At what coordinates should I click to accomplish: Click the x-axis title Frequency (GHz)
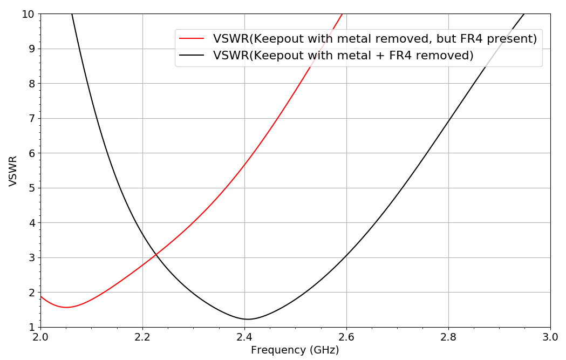(x=295, y=350)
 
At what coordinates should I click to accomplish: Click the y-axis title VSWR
(x=13, y=171)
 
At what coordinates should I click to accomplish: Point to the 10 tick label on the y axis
(x=28, y=14)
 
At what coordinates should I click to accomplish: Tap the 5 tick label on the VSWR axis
(x=31, y=188)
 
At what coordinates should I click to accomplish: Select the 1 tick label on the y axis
(x=31, y=328)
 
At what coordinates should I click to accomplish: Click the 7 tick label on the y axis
(x=31, y=119)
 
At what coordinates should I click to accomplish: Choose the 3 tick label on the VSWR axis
(x=31, y=258)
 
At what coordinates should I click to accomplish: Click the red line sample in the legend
(x=192, y=39)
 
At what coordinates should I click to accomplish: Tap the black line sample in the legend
(x=192, y=56)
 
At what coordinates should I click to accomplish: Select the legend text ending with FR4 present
(x=375, y=39)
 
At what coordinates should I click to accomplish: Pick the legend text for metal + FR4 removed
(x=343, y=56)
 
